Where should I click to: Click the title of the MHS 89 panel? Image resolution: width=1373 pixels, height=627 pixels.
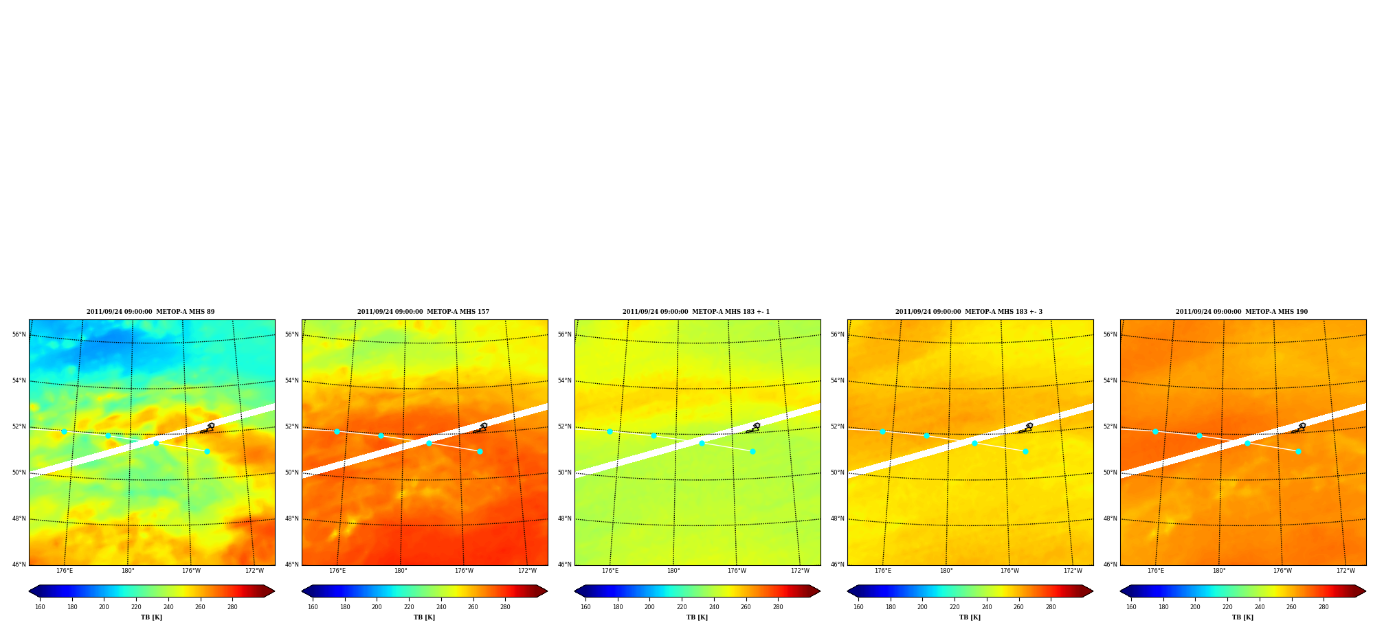[150, 312]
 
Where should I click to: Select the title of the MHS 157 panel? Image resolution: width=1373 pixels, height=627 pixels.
[423, 312]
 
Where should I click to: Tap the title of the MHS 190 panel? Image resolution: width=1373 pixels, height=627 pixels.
[1242, 312]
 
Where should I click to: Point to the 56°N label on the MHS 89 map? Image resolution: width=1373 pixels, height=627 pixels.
[19, 334]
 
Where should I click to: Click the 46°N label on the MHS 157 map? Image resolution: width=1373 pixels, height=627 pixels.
[292, 565]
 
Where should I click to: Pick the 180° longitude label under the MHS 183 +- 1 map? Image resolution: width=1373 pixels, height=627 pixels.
[673, 571]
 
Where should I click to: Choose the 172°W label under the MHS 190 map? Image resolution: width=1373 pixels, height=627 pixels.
[1346, 571]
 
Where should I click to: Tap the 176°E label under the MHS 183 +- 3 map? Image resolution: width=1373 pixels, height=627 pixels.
[883, 571]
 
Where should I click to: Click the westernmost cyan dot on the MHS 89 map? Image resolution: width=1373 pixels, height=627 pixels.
[64, 431]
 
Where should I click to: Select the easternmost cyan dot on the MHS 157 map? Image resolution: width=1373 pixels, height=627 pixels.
[480, 451]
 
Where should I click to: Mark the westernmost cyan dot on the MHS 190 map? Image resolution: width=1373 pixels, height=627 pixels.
[1155, 431]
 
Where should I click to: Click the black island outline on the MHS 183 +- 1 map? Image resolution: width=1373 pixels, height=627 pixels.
[754, 428]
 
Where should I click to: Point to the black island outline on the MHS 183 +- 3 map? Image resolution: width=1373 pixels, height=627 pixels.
[1027, 428]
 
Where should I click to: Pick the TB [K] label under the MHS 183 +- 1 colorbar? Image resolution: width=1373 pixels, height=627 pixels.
[697, 617]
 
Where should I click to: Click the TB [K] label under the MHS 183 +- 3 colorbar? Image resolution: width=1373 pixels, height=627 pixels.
[970, 617]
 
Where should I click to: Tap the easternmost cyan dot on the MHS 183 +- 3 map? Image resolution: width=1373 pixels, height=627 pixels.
[1025, 451]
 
